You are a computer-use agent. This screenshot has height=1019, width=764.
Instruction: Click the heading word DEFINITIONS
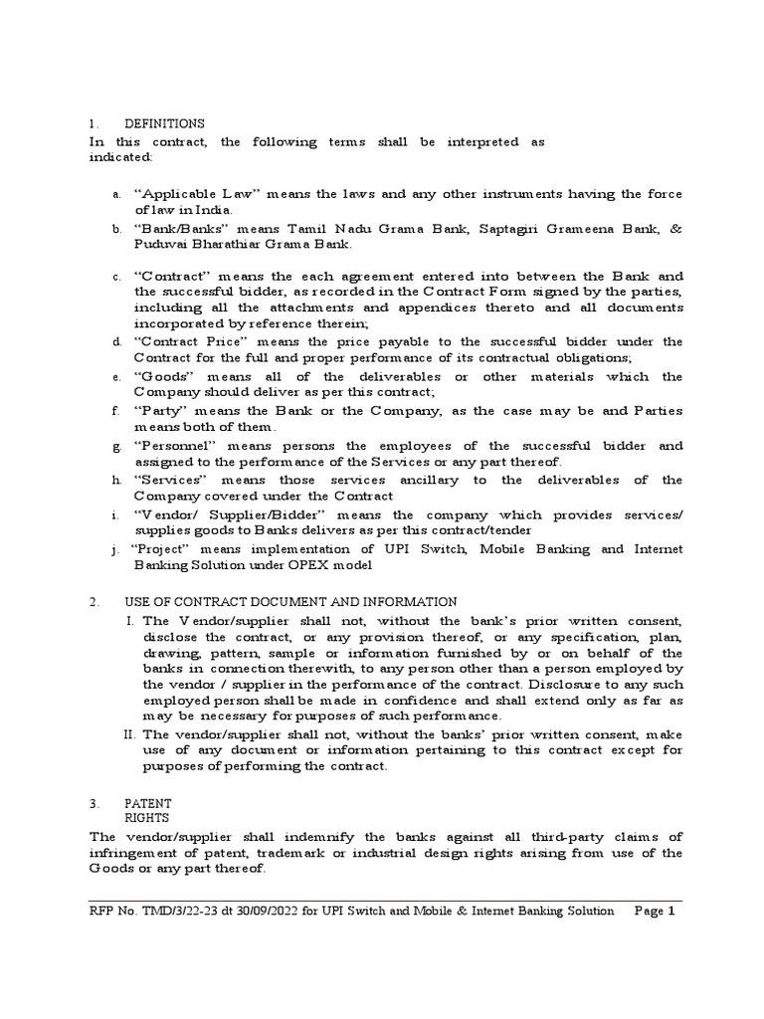(x=164, y=123)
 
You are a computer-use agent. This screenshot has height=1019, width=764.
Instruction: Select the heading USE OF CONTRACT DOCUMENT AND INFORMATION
(x=290, y=602)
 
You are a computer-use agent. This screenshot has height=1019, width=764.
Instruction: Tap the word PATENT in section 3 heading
(x=147, y=802)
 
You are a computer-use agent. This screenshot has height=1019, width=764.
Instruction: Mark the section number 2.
(x=93, y=602)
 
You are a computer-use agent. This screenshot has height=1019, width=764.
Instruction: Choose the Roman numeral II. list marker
(x=129, y=734)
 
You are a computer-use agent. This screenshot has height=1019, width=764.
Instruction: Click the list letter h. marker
(x=116, y=481)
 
